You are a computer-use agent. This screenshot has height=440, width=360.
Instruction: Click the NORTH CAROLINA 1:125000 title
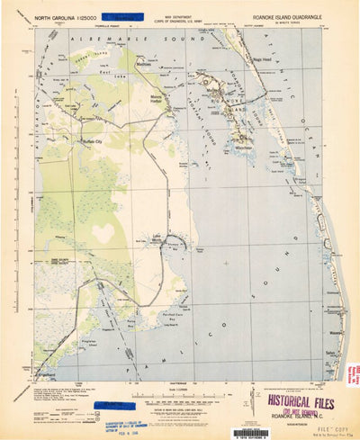(x=64, y=17)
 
